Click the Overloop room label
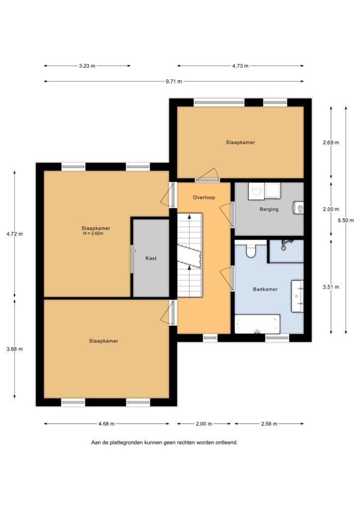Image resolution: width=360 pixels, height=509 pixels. (204, 197)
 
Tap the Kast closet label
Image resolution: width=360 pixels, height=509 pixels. (151, 258)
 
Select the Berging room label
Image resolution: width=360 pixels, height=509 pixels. (269, 209)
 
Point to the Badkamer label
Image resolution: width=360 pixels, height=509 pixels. (265, 289)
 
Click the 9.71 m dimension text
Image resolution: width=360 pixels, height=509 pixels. (174, 82)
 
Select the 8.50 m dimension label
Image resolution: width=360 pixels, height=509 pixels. (346, 220)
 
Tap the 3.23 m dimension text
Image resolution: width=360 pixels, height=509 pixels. (87, 66)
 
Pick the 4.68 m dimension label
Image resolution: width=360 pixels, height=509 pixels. (106, 424)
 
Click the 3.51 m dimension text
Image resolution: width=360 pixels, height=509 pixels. (331, 287)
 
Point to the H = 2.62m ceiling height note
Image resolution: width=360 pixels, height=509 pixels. (93, 234)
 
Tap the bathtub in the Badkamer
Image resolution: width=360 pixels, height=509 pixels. (257, 324)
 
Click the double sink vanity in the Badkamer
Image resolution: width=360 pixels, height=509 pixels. (297, 296)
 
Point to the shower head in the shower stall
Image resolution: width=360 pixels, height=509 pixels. (284, 245)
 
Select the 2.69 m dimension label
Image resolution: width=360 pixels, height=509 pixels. (331, 143)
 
